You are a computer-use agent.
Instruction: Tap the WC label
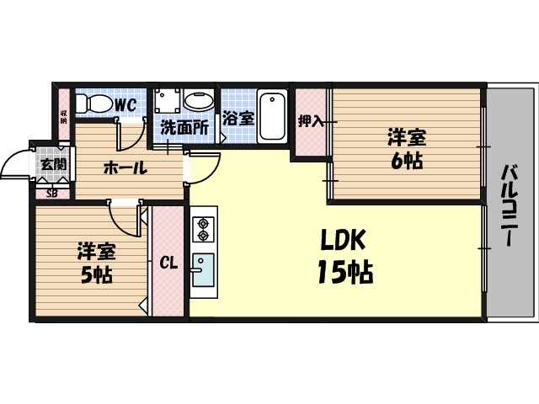[125, 105]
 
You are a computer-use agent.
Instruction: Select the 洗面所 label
[184, 128]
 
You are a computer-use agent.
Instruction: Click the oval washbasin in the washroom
[199, 102]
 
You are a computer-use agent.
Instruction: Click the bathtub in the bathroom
[271, 116]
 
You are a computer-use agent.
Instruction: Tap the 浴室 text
[238, 118]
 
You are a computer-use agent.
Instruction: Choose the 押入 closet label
[310, 121]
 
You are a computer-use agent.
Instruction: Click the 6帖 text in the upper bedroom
[405, 161]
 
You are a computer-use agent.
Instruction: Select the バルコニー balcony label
[509, 202]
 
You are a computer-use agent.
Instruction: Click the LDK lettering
[342, 242]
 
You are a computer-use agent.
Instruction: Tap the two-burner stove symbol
[202, 230]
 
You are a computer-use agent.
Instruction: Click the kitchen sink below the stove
[202, 268]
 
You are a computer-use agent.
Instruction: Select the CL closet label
[168, 263]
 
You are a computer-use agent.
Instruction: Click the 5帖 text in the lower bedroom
[96, 274]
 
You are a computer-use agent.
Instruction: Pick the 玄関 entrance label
[53, 163]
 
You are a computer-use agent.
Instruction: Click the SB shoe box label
[52, 194]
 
